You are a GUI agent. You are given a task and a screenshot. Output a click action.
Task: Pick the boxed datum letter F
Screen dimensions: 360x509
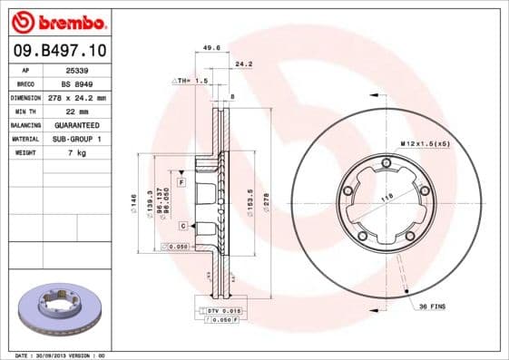click(181, 182)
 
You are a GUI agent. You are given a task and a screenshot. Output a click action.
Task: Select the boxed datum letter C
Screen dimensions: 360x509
click(182, 225)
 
